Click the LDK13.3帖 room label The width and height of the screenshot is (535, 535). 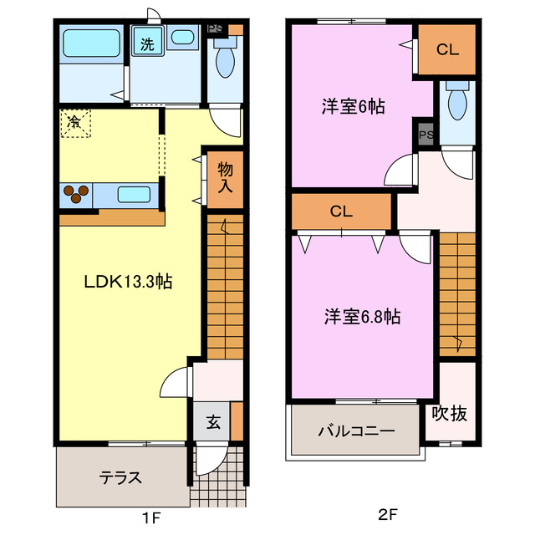pyautogui.click(x=128, y=282)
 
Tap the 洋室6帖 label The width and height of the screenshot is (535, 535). pyautogui.click(x=354, y=107)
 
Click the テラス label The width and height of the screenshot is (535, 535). pyautogui.click(x=120, y=478)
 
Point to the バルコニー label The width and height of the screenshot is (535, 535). pyautogui.click(x=355, y=432)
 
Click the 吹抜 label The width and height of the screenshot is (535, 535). pyautogui.click(x=449, y=412)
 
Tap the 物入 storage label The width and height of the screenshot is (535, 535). pyautogui.click(x=225, y=177)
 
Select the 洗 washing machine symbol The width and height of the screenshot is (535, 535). pyautogui.click(x=146, y=43)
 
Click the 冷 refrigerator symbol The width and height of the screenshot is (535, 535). pyautogui.click(x=74, y=122)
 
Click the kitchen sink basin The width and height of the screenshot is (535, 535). pyautogui.click(x=133, y=195)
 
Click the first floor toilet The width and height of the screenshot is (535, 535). pyautogui.click(x=224, y=62)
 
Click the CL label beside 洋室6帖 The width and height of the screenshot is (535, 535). pyautogui.click(x=447, y=50)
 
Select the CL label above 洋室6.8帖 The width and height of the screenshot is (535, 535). pyautogui.click(x=341, y=211)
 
